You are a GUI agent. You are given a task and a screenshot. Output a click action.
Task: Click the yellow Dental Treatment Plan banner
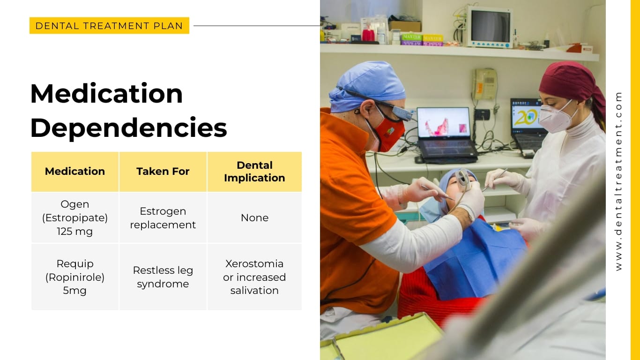click(109, 26)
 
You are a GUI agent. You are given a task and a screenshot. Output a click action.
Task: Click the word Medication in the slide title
click(106, 93)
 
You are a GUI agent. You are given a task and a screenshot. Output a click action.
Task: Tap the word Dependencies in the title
click(128, 127)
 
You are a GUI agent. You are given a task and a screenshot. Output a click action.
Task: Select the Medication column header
click(75, 172)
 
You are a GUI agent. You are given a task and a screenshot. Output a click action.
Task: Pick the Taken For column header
click(163, 172)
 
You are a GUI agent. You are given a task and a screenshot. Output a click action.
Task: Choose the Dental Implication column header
click(254, 172)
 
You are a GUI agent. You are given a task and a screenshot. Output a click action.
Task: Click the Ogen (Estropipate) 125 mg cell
click(75, 217)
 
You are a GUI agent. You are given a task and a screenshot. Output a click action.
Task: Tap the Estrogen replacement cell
click(163, 218)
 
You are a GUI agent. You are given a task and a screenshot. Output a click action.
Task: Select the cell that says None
click(254, 218)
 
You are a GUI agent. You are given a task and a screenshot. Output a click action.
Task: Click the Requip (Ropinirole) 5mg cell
click(75, 277)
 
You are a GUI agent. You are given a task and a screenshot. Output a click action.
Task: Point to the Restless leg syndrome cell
click(163, 277)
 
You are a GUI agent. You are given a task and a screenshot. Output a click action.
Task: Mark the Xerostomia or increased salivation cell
click(254, 277)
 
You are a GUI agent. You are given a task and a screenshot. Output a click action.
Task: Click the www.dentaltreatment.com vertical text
click(618, 180)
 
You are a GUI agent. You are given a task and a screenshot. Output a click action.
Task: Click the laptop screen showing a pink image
click(443, 123)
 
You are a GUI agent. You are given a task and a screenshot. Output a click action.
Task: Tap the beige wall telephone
click(484, 83)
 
